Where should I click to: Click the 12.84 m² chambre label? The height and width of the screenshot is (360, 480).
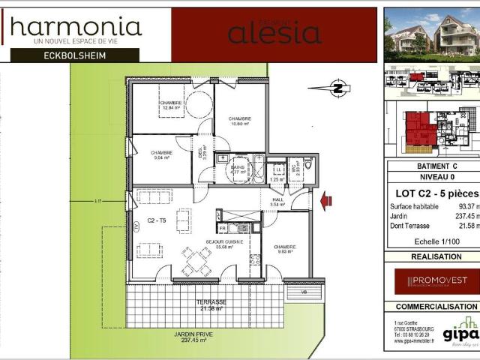pos(162,105)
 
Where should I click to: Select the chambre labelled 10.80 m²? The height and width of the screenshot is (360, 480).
pos(239,121)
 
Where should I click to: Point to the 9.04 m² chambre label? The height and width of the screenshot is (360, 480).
pos(160,155)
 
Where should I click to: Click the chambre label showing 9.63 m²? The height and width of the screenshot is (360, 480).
pos(284,249)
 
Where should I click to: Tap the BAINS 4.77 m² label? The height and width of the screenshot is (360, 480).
pos(238,169)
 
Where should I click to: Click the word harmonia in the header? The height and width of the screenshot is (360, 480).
pos(76,28)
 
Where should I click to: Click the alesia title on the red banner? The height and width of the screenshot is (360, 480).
pos(274,34)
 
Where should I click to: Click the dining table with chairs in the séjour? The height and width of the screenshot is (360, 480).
pos(196,261)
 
